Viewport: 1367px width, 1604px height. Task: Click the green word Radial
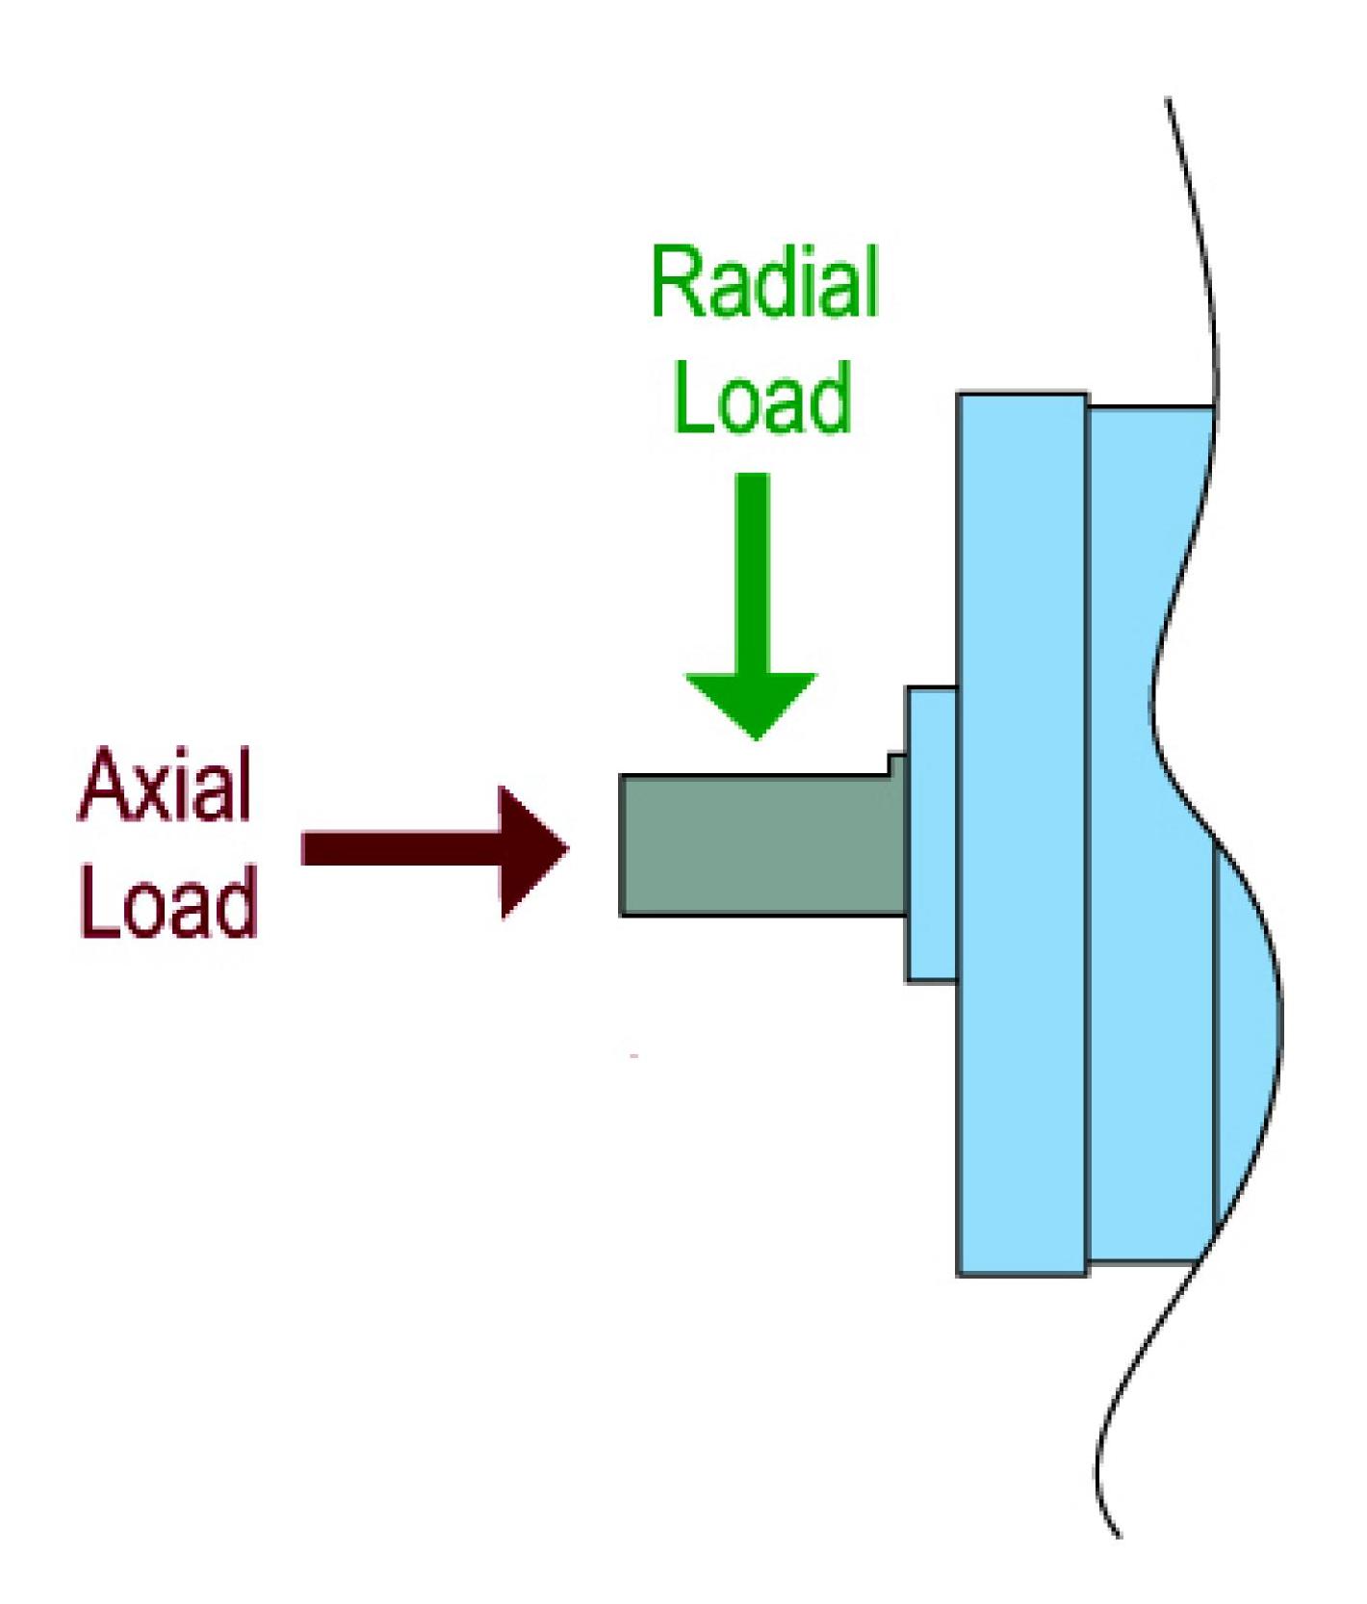[765, 282]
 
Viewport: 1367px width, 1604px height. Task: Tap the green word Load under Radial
[763, 397]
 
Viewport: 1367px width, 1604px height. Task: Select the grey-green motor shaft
[761, 844]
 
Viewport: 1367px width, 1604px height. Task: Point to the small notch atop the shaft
[896, 764]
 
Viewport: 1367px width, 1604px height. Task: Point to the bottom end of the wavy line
[1119, 1536]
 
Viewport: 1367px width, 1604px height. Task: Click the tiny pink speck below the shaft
[634, 1056]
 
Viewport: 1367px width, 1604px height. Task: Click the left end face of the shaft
[622, 844]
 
